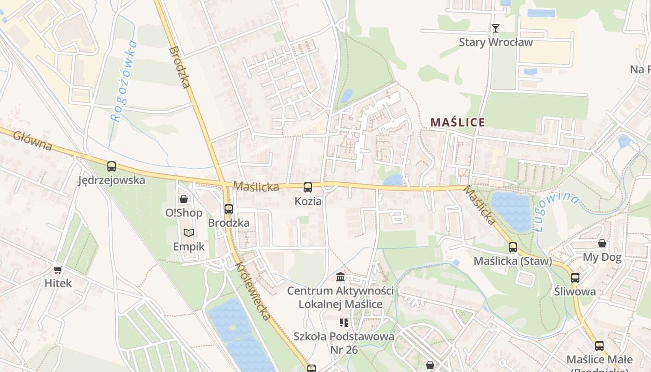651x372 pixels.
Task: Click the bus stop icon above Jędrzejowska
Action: click(x=112, y=166)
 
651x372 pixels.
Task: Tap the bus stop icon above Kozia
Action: click(x=308, y=187)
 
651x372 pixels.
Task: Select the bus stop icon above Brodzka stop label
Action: click(x=228, y=209)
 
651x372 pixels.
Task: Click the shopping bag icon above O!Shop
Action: click(x=184, y=199)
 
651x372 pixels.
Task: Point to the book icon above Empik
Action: click(x=188, y=232)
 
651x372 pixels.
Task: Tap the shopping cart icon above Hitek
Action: click(x=58, y=270)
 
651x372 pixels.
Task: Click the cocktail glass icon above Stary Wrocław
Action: click(x=496, y=28)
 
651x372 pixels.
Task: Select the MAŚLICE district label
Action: click(x=458, y=122)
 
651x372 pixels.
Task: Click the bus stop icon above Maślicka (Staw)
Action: click(x=513, y=247)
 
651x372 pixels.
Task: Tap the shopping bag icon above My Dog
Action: click(x=602, y=243)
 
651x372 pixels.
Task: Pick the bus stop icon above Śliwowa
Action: click(x=575, y=278)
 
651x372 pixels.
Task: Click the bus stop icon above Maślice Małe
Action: click(x=599, y=346)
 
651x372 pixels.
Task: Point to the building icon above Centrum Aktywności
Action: click(x=340, y=277)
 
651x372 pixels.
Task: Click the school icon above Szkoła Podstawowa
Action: click(x=344, y=322)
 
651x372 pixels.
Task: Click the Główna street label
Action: click(x=33, y=141)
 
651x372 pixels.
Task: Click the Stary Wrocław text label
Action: click(x=496, y=42)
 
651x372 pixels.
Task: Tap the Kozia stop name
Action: click(x=308, y=201)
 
